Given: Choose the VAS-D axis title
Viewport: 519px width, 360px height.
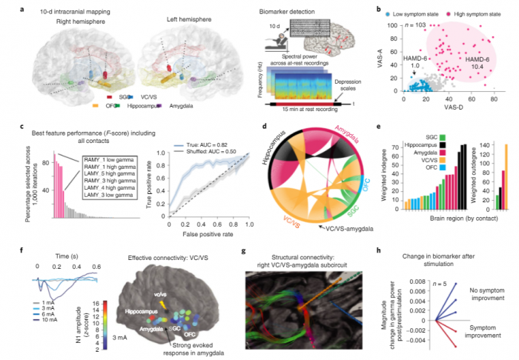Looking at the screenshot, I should click(440, 109).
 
